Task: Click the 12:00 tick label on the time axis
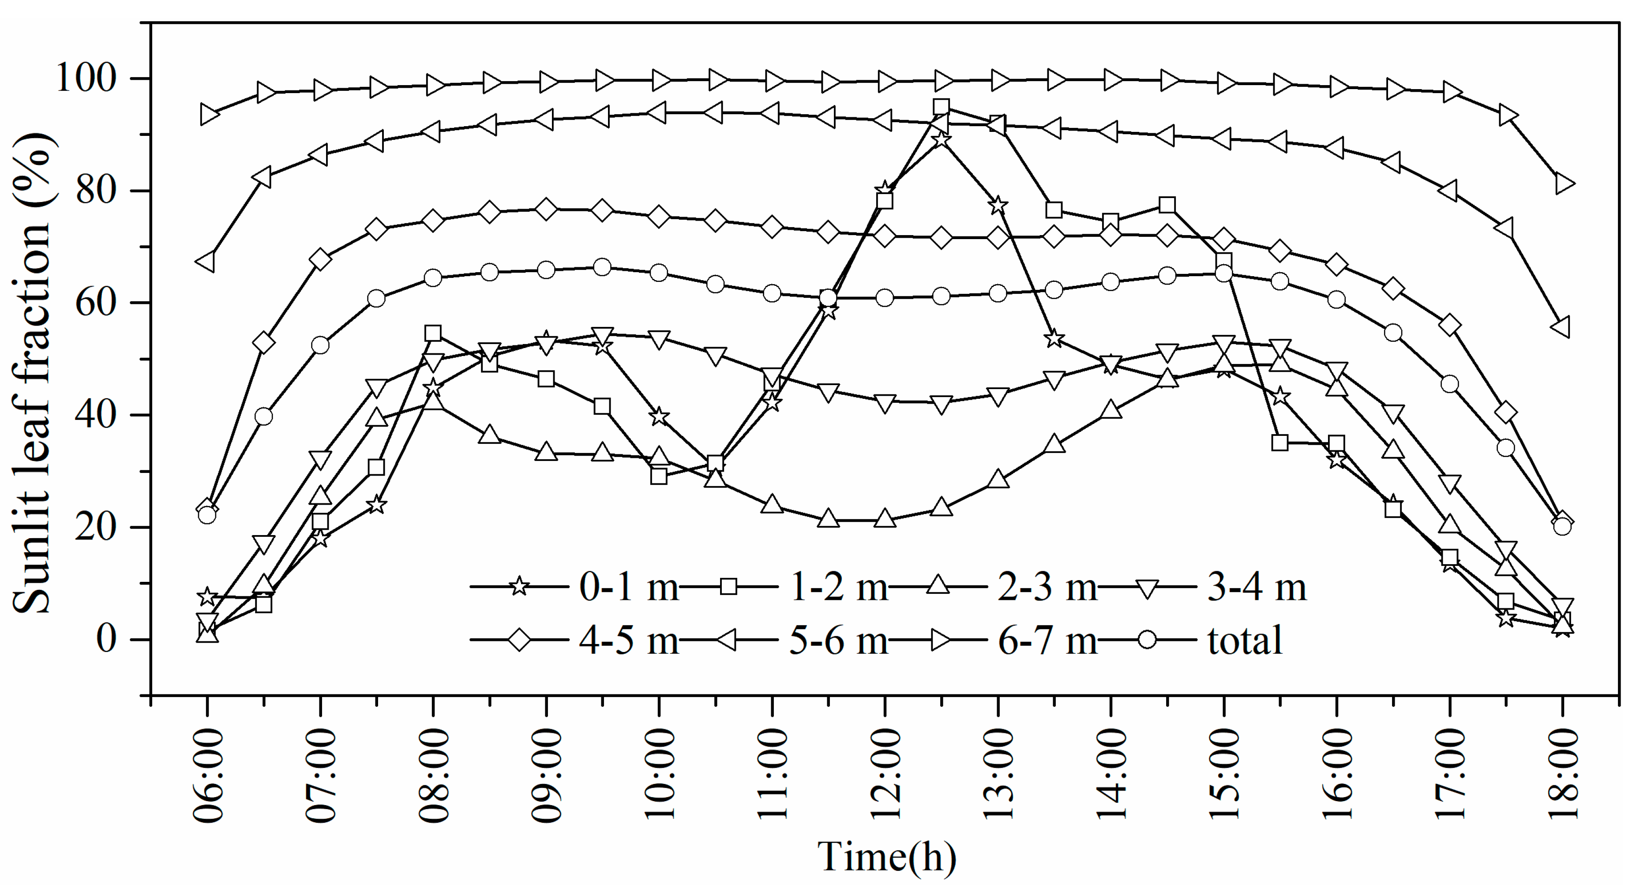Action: tap(885, 776)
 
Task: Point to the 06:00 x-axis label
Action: tap(208, 776)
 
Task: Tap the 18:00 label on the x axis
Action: tap(1562, 776)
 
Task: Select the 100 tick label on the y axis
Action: tap(87, 79)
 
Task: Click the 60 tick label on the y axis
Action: tap(97, 303)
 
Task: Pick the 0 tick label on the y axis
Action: tap(107, 639)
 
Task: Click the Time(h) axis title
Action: tap(886, 858)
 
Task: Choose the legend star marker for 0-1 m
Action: tap(519, 586)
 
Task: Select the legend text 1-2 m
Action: tap(838, 586)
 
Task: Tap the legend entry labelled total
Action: tap(1245, 640)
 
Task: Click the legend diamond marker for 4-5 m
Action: tap(519, 640)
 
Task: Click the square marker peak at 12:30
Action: tap(941, 107)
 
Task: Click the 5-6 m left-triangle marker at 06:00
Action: tap(206, 262)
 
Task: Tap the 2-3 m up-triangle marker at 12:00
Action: tap(885, 519)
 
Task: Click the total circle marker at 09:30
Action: tap(602, 267)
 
